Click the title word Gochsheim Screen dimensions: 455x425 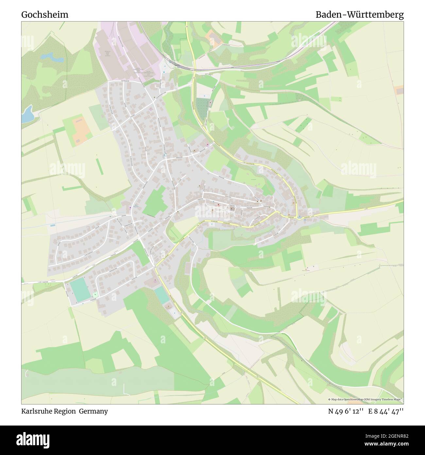point(45,15)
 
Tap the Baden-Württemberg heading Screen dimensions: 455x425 point(360,15)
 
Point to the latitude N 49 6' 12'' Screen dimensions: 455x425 point(346,411)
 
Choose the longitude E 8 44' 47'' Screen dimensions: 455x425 point(386,411)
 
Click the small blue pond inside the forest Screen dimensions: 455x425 point(52,58)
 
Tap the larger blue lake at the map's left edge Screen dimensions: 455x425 point(27,114)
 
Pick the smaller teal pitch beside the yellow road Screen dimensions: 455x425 point(162,295)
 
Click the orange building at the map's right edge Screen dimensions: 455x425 point(399,90)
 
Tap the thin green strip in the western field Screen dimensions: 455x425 point(98,166)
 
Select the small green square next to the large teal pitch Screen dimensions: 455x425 point(95,295)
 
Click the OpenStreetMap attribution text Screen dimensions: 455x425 point(365,399)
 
